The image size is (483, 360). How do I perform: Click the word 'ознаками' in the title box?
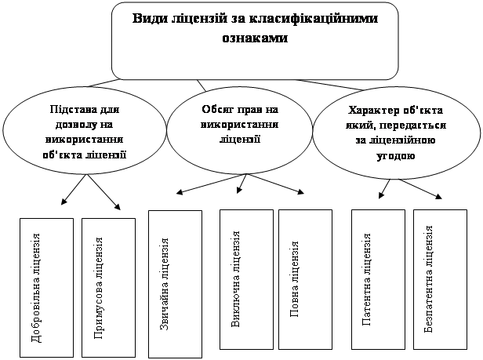click(255, 38)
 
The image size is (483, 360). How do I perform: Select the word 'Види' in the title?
click(148, 19)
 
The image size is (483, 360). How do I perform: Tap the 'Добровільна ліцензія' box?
click(46, 288)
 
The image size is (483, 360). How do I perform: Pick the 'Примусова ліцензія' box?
click(108, 288)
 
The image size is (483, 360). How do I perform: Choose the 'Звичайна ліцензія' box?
click(176, 284)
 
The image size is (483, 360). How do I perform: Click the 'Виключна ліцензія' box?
click(246, 279)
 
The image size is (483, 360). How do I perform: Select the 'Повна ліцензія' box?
click(305, 279)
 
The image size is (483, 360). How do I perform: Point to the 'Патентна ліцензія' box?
click(378, 279)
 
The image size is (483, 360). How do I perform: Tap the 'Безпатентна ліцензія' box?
click(440, 279)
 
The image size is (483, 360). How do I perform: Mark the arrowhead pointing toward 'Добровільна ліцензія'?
click(64, 202)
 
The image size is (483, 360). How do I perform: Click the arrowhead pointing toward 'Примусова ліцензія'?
click(118, 207)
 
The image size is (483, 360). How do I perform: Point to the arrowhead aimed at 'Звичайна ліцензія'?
click(180, 192)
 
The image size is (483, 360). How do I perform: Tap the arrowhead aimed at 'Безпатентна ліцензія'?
click(438, 196)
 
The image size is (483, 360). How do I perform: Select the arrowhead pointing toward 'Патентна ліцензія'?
click(381, 195)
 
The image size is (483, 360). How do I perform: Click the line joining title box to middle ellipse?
click(202, 85)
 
